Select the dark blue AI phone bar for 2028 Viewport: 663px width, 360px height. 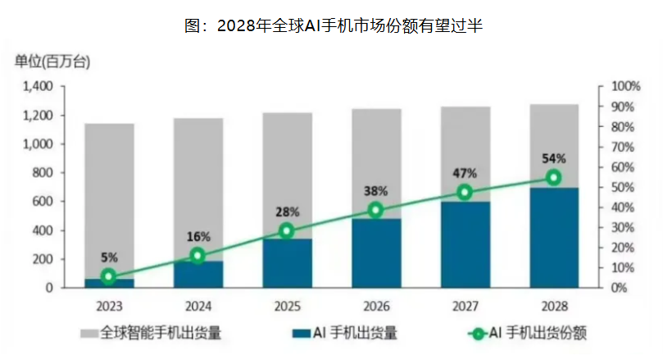point(554,238)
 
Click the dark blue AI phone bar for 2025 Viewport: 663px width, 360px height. point(287,264)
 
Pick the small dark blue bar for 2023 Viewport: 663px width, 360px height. point(109,283)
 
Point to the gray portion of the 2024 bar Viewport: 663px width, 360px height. point(198,189)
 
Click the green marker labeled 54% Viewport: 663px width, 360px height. point(554,177)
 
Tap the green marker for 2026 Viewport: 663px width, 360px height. point(376,210)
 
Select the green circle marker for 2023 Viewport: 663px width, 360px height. point(109,277)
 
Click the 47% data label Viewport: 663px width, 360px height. point(465,173)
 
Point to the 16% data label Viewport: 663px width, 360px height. point(198,236)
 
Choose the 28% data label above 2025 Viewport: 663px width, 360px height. point(287,212)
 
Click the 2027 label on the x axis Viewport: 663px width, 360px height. point(465,306)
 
